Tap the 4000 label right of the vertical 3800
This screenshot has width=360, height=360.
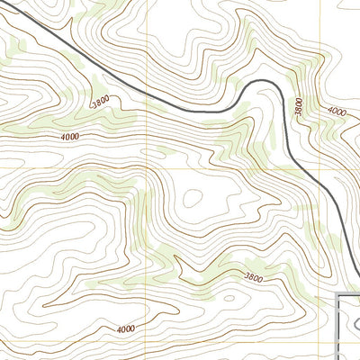(x=337, y=111)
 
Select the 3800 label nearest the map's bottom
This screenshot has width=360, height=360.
(x=255, y=278)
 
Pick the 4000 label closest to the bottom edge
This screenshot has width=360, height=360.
(x=126, y=329)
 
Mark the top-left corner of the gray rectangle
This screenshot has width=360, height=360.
(x=337, y=293)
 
